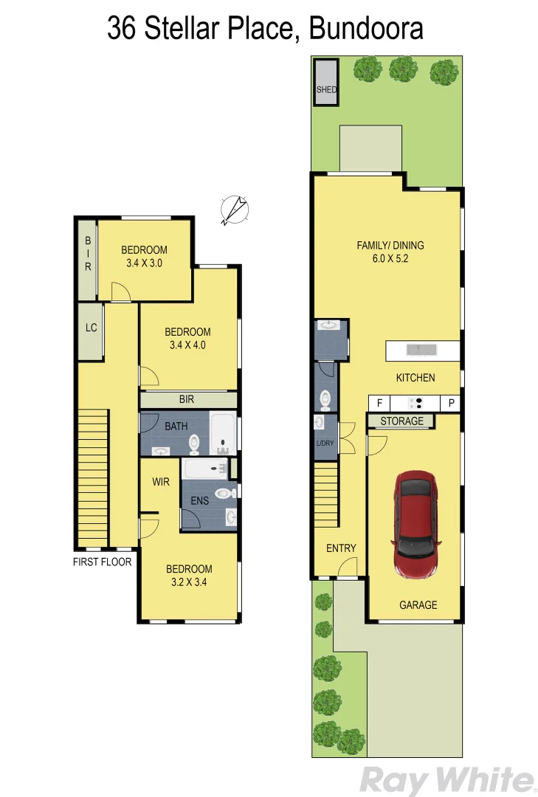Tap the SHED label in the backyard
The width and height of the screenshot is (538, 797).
click(326, 90)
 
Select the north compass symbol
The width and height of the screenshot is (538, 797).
click(235, 209)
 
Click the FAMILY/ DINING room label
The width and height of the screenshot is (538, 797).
click(390, 246)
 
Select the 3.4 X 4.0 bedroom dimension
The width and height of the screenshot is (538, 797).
click(187, 345)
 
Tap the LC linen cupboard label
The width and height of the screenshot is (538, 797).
click(91, 328)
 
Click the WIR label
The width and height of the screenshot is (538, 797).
click(162, 481)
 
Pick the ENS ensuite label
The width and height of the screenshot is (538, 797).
click(199, 500)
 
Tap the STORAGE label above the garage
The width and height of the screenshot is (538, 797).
click(401, 421)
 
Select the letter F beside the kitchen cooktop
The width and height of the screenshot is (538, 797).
click(379, 403)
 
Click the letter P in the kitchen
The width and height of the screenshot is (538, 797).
click(450, 403)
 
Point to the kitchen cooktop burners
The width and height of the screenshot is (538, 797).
click(415, 403)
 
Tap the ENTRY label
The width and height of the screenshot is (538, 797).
click(341, 548)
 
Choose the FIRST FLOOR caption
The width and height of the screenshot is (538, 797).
click(102, 562)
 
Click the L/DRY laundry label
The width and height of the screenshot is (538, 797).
click(325, 443)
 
